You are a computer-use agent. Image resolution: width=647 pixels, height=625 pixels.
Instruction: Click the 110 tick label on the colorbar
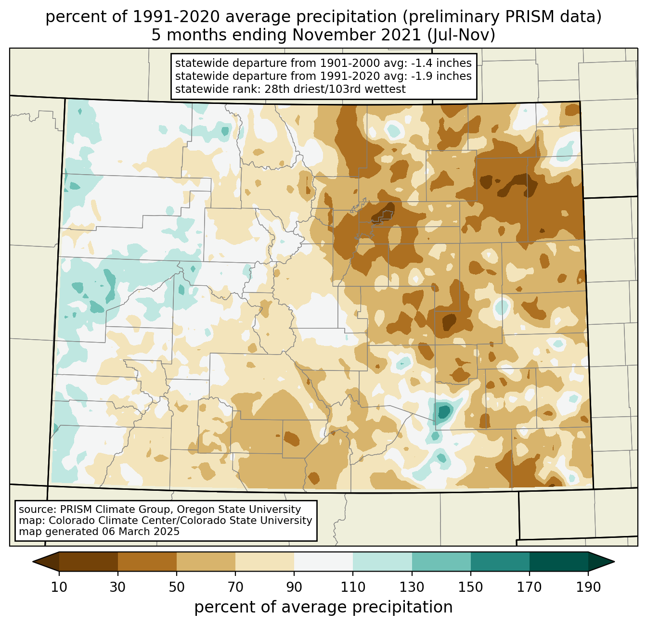(x=353, y=587)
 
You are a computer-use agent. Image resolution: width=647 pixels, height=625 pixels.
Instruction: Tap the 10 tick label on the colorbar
(x=59, y=587)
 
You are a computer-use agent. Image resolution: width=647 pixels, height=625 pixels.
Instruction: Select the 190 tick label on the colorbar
(x=588, y=587)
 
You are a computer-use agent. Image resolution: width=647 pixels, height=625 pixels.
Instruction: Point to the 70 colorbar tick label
(x=235, y=587)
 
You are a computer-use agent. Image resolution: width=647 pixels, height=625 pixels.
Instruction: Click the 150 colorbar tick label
(x=471, y=587)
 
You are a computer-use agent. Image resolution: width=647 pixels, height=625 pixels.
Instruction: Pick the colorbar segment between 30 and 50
(x=147, y=561)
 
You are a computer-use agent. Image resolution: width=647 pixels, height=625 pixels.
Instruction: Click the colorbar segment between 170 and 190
(x=559, y=561)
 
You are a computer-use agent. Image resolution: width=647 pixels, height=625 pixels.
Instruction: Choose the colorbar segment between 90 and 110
(x=323, y=561)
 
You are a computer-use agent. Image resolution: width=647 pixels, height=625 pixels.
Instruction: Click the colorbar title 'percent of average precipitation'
(x=323, y=607)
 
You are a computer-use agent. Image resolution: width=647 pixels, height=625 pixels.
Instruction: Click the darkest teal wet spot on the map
(x=443, y=411)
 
